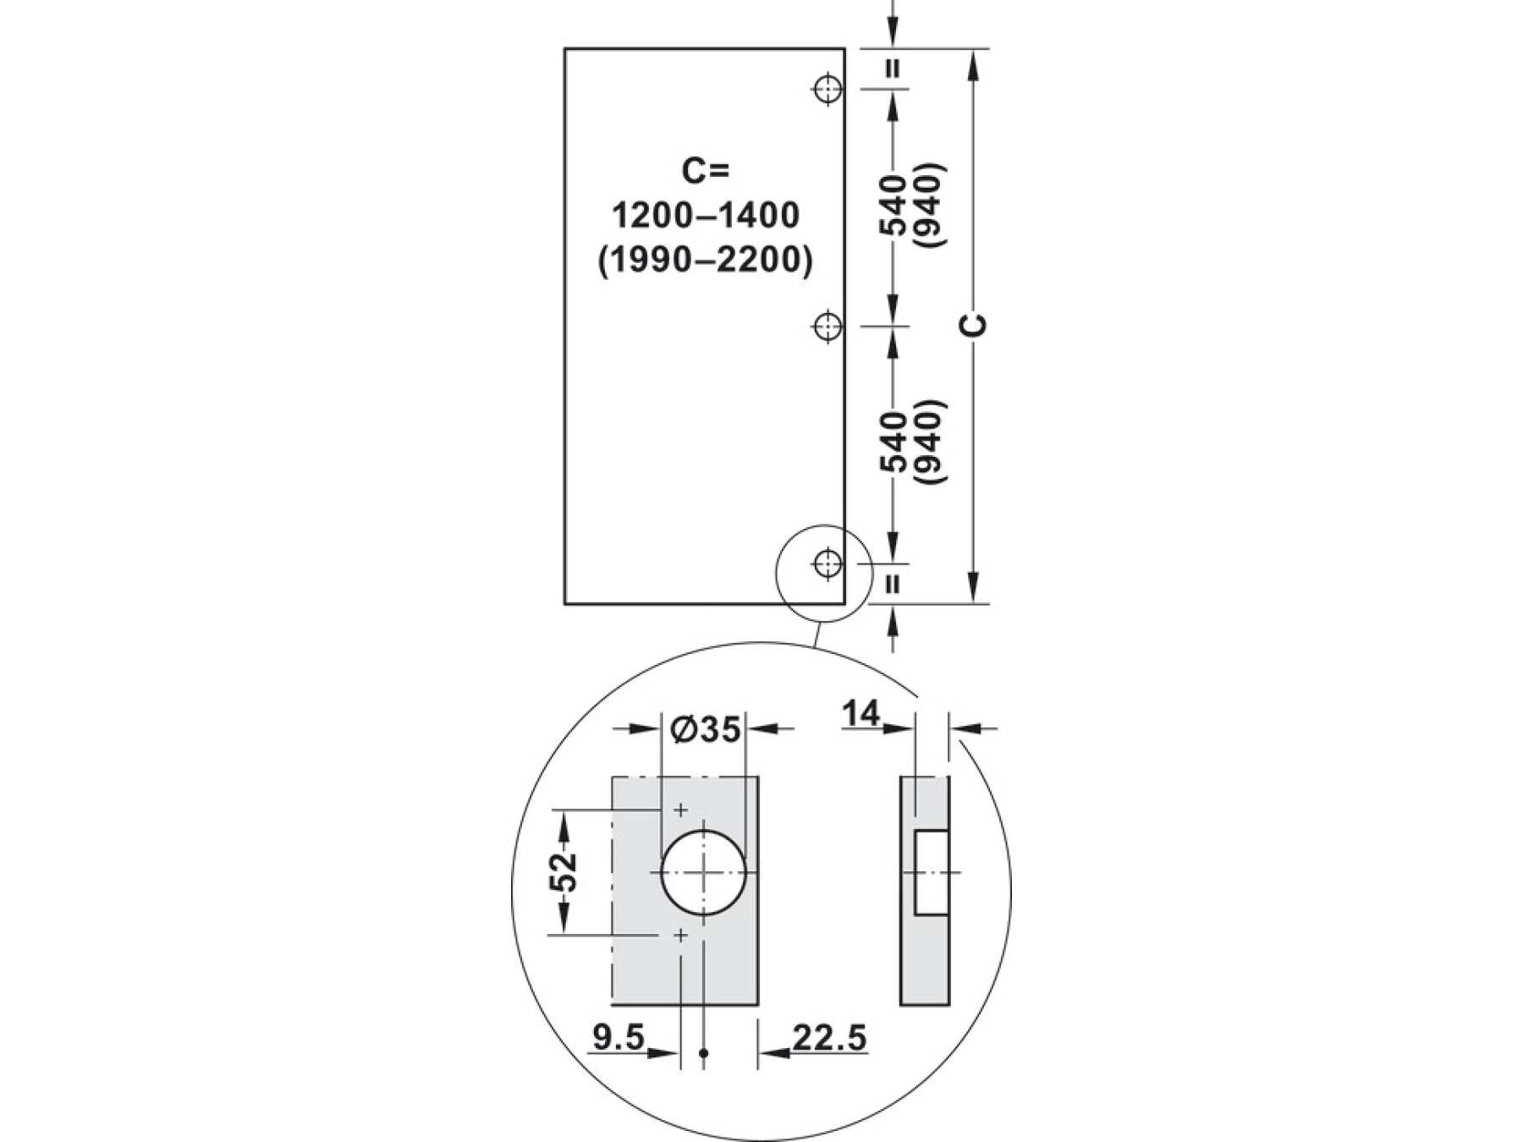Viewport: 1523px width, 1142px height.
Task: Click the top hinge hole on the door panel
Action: click(827, 88)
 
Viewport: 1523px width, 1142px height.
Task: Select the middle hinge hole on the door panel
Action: click(827, 326)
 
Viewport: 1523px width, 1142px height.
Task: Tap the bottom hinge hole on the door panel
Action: click(827, 563)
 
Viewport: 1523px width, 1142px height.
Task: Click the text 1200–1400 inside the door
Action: click(706, 217)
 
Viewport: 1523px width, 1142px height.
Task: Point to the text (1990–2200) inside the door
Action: click(706, 261)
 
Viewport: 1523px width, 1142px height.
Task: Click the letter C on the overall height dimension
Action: click(976, 326)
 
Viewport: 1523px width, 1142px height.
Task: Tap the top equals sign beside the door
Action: click(893, 69)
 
